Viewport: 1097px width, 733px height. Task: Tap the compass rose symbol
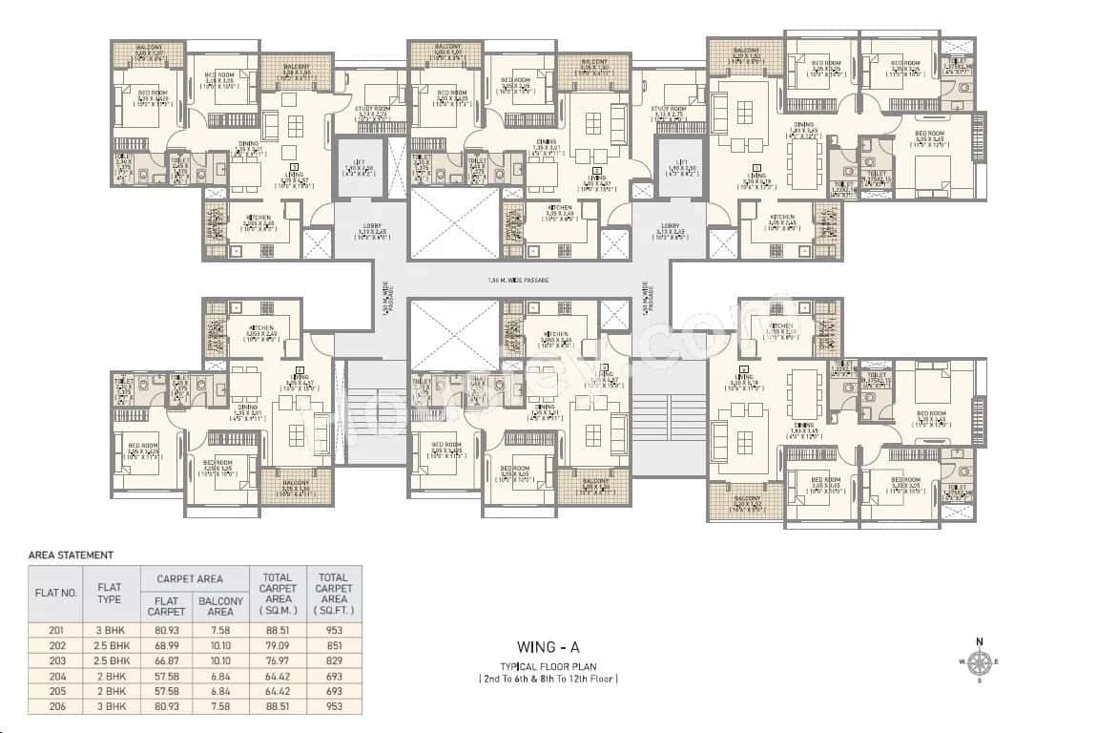pos(979,660)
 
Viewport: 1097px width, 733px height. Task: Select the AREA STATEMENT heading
pos(72,555)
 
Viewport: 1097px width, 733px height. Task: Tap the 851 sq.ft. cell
pos(334,644)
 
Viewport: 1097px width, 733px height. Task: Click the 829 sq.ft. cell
pos(334,660)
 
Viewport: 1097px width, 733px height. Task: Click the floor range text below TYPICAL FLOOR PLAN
pos(548,679)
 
